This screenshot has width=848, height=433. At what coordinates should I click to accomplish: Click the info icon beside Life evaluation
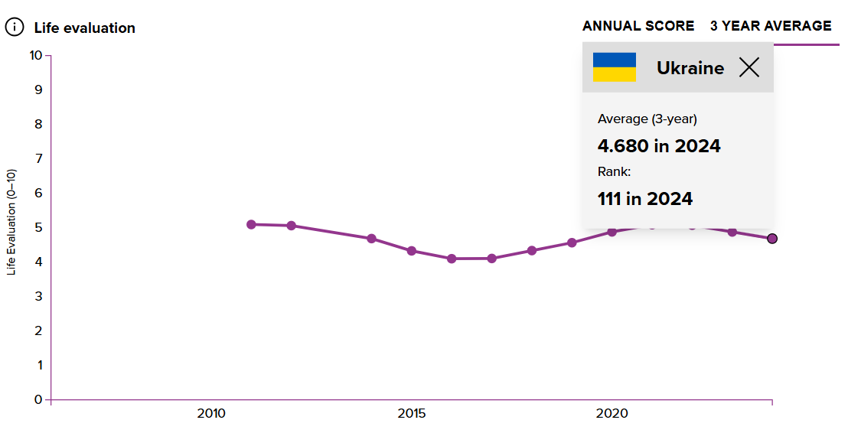point(15,28)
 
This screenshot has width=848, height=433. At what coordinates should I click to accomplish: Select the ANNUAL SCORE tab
point(638,26)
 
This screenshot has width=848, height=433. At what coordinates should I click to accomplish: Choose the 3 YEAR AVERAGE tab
point(770,26)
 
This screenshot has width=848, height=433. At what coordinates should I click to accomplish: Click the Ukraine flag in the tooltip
point(615,67)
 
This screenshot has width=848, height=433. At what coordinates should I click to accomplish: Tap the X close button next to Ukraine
point(749,67)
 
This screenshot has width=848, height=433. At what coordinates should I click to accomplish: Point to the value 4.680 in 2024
point(659,145)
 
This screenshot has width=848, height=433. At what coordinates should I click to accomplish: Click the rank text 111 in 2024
point(645,199)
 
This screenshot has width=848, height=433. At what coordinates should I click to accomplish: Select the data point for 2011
point(251,224)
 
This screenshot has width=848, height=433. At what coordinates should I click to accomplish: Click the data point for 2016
point(452,259)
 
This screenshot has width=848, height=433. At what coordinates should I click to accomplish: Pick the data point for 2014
point(371,239)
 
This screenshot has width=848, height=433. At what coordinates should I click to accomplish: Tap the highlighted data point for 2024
point(772,239)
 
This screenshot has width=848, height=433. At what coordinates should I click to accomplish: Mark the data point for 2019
point(572,243)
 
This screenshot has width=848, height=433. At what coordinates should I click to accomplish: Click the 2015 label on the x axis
point(412,414)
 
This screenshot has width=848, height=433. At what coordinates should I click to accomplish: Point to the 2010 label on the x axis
point(211,414)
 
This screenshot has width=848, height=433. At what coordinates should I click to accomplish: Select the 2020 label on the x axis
point(612,414)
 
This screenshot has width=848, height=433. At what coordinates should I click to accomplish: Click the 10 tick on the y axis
point(35,55)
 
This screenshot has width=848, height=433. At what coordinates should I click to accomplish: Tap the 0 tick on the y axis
point(38,399)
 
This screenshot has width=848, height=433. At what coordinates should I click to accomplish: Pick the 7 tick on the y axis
point(38,158)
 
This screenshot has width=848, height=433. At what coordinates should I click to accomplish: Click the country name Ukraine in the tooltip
point(690,68)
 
